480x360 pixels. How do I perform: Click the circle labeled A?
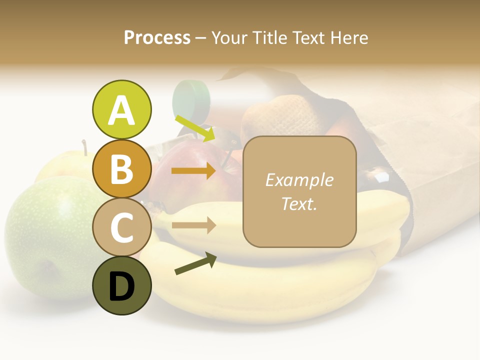point(121,109)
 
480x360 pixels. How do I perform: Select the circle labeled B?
point(121,168)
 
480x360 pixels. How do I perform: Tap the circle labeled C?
point(121,227)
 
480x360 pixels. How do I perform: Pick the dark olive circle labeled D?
point(121,286)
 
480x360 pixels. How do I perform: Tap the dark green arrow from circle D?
point(195,264)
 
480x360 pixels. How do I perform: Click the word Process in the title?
point(157,37)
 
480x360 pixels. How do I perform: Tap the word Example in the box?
point(299,180)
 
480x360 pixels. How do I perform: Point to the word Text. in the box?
point(299,203)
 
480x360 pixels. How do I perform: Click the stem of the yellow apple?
point(85,147)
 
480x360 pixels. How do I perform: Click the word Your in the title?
point(229,37)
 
